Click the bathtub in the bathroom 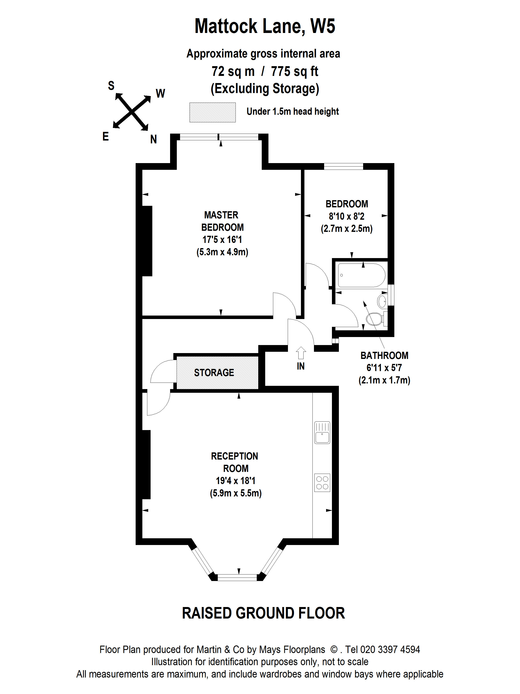[361, 275]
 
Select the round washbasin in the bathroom [382, 301]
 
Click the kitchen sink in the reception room [322, 432]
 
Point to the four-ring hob [322, 483]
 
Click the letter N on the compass [153, 139]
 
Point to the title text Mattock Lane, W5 [265, 26]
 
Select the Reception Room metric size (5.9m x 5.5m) [235, 493]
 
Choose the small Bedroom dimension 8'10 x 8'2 [346, 216]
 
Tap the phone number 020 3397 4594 [390, 650]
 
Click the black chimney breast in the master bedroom [147, 241]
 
